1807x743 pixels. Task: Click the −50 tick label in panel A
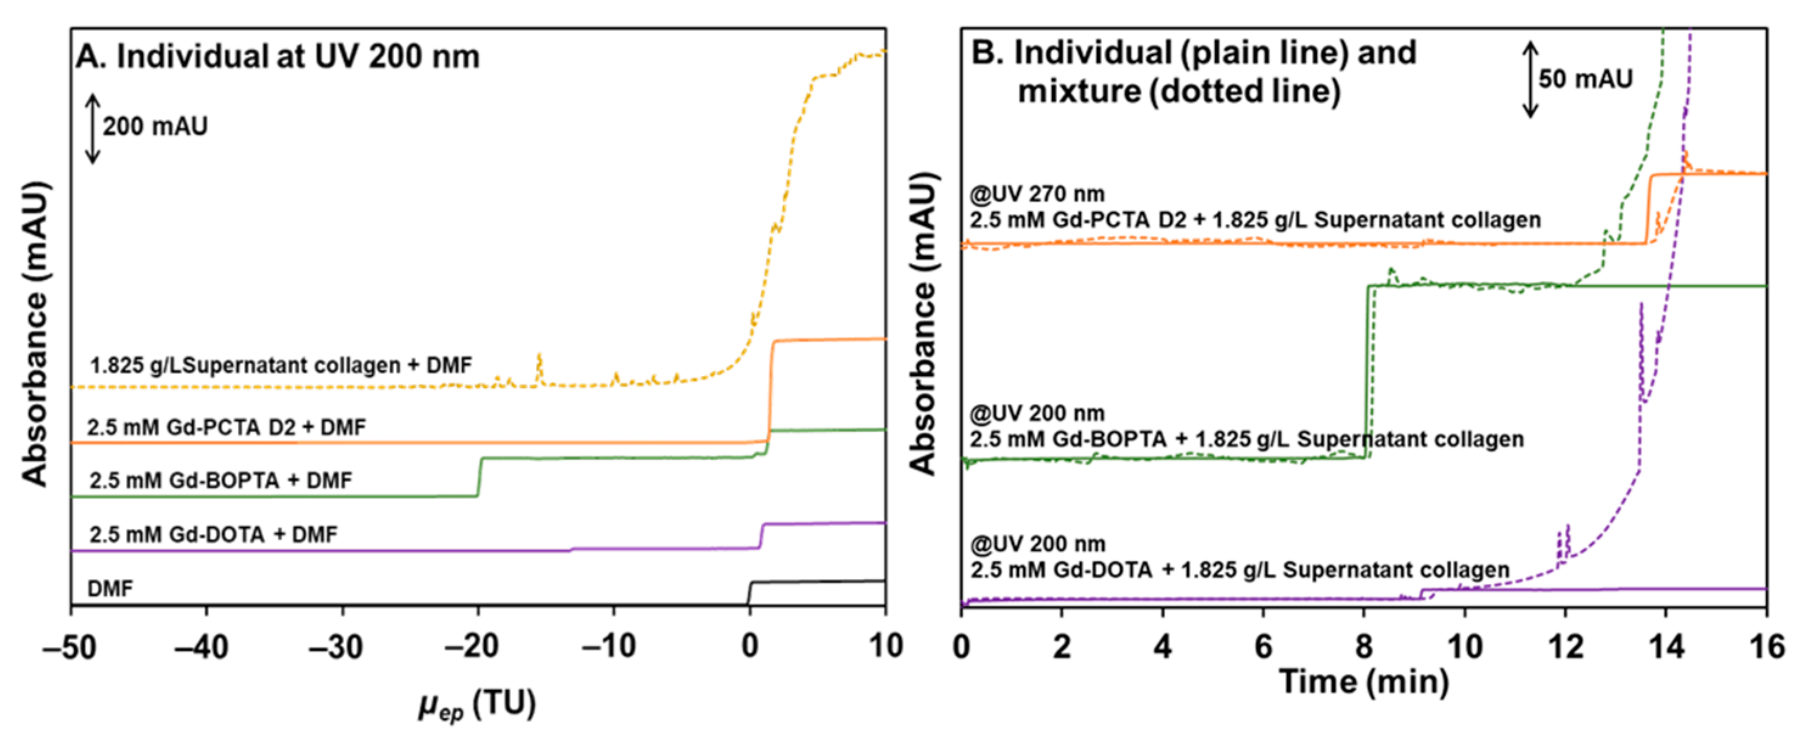(69, 646)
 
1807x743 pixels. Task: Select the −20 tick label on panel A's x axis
(471, 646)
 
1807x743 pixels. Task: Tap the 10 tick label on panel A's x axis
(886, 646)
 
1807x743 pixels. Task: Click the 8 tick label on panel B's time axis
(1364, 646)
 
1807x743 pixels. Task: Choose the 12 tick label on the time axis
(1564, 646)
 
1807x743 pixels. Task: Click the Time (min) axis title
(1364, 682)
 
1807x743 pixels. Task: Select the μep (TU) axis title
(477, 705)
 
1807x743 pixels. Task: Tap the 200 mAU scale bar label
(155, 127)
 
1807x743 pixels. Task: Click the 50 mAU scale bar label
(1586, 78)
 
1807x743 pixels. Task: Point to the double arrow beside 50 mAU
(1531, 78)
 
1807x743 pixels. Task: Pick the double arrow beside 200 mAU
(92, 129)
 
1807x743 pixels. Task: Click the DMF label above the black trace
(110, 588)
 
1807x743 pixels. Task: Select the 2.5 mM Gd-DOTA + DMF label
(213, 535)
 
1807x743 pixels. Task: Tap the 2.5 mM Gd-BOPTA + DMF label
(220, 481)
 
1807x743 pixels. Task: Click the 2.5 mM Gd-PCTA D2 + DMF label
(226, 427)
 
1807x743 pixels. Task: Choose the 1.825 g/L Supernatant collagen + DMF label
(280, 365)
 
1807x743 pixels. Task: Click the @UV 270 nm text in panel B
(1037, 193)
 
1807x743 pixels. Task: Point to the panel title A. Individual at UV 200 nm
(278, 56)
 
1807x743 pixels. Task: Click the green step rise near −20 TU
(479, 477)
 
